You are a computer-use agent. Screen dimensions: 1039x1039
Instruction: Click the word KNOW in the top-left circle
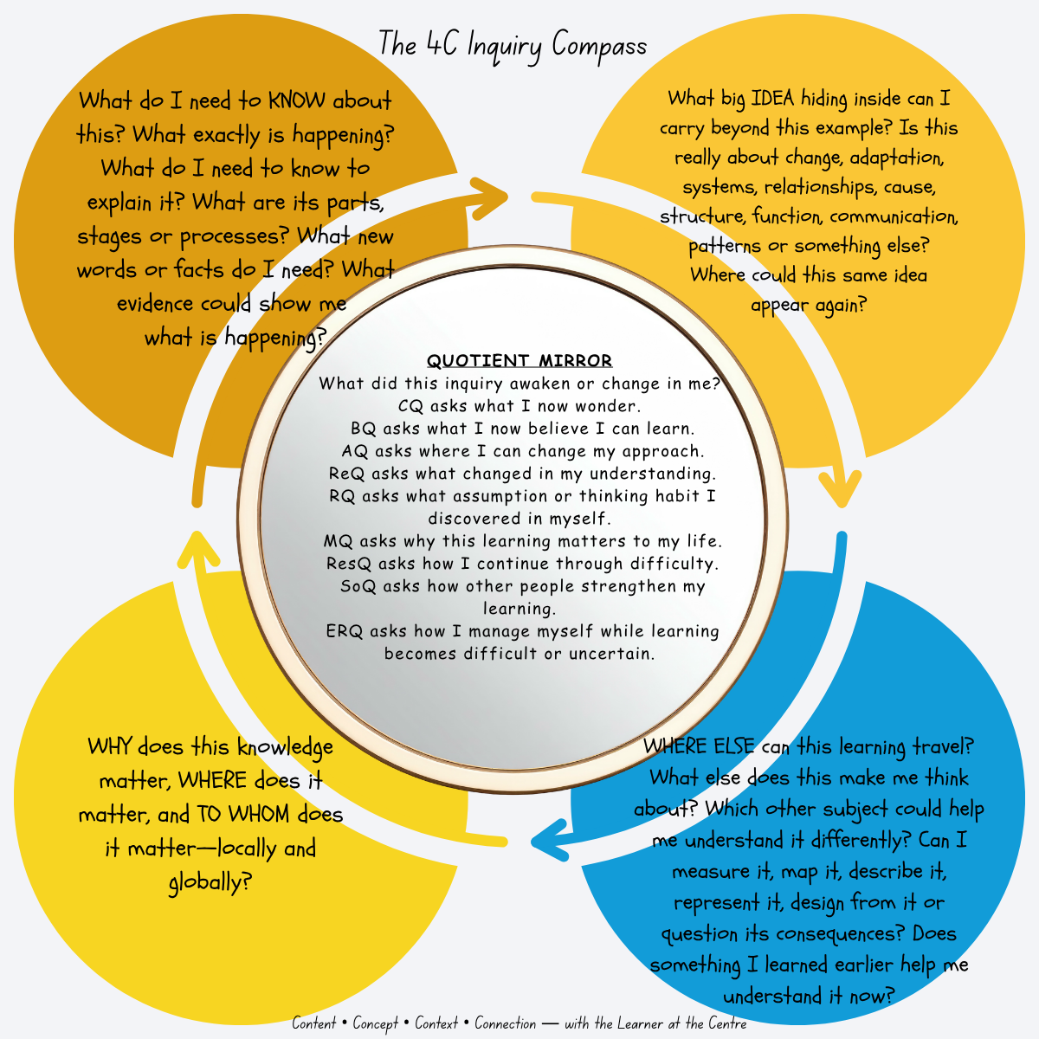[x=297, y=100]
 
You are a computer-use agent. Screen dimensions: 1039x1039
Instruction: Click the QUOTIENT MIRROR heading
[x=519, y=360]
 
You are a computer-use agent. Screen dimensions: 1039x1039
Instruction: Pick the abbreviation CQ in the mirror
[x=410, y=405]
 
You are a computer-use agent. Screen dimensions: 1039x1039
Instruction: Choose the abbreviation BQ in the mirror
[x=363, y=428]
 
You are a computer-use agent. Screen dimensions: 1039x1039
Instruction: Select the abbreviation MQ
[x=338, y=540]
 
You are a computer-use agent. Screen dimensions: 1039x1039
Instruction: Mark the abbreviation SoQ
[x=358, y=585]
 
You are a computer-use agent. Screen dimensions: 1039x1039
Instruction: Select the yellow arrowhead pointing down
[x=841, y=489]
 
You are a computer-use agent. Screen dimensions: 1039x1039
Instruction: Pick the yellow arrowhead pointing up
[x=198, y=550]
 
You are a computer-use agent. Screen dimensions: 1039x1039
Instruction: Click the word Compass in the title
[x=599, y=45]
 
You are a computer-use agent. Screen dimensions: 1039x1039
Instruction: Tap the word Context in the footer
[x=436, y=1023]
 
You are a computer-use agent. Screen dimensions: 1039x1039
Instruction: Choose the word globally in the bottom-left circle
[x=210, y=882]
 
